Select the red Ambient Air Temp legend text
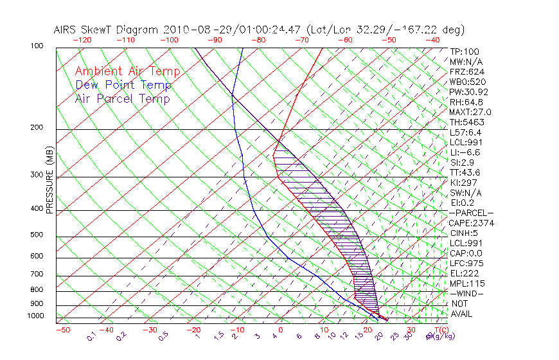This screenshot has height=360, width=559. click(127, 71)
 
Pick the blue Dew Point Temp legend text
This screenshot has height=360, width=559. click(123, 85)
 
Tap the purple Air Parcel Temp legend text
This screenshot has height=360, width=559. click(122, 98)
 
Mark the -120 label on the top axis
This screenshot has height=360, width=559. click(82, 40)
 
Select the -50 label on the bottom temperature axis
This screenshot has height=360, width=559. click(62, 330)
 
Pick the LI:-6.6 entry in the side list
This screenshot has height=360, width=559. click(465, 152)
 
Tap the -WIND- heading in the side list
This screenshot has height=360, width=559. click(466, 293)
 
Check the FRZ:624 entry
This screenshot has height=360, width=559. click(465, 72)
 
